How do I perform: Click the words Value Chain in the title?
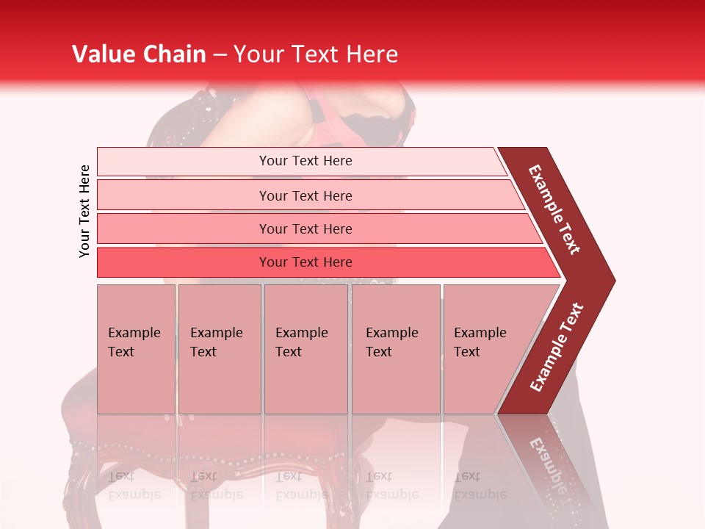point(139,54)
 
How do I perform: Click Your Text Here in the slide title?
point(315,54)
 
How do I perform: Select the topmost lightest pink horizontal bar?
point(184,161)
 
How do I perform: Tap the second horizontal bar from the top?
point(184,195)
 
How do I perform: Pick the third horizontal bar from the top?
point(184,228)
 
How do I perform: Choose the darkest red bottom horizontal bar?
point(184,262)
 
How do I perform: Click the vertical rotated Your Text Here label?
point(84,212)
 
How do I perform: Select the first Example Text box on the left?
point(136,349)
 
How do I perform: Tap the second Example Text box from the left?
point(219,349)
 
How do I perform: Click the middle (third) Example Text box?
point(305,349)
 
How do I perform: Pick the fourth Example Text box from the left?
point(396,349)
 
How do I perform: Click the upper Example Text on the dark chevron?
point(554,209)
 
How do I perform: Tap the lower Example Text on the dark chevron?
point(557,348)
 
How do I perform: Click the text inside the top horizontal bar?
point(305,161)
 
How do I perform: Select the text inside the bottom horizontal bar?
point(305,262)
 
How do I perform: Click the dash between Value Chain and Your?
point(220,55)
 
